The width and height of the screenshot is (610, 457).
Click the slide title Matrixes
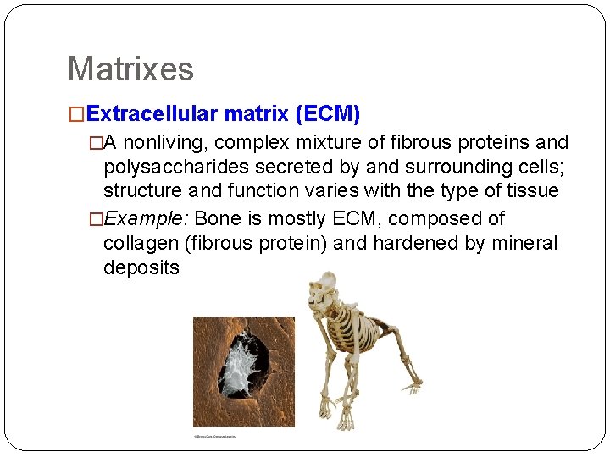point(130,69)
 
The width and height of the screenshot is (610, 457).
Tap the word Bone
point(218,218)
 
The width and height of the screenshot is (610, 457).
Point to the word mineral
point(525,244)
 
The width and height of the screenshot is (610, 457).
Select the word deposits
point(141,268)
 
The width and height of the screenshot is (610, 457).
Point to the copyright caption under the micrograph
point(215,437)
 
